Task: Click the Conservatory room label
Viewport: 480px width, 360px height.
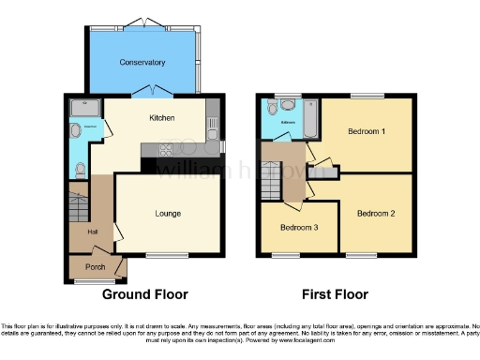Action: coord(142,62)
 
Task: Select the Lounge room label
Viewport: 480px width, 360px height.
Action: coord(169,213)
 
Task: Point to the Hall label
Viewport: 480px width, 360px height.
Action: coord(92,232)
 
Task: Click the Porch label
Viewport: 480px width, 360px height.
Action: coord(95,266)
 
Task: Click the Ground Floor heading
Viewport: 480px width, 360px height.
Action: coord(144,293)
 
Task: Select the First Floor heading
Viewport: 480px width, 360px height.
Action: coord(336,293)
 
